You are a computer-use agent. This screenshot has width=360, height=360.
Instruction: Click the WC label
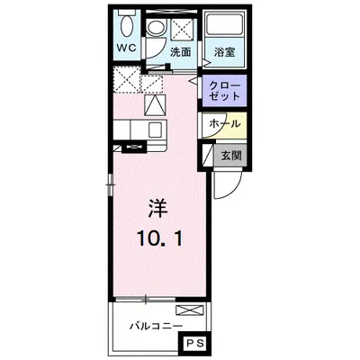127,49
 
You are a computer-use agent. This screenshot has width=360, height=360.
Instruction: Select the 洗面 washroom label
181,52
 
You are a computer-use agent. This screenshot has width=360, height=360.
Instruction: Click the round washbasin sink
157,28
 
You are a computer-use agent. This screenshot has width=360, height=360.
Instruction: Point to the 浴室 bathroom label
224,52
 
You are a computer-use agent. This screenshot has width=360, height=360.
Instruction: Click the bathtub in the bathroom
224,24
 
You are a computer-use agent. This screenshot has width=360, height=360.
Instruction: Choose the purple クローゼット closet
224,91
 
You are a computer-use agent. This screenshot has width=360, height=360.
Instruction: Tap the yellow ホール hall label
225,123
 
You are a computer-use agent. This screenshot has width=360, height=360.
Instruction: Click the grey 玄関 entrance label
231,156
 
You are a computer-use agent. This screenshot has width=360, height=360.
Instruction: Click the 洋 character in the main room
157,209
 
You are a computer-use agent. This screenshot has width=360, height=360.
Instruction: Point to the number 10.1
159,239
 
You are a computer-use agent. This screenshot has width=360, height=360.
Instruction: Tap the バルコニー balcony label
156,326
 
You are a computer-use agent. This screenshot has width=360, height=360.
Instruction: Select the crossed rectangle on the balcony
190,310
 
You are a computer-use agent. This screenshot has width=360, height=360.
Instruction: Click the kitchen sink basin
157,129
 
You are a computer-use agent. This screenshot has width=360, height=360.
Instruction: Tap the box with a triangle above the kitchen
155,105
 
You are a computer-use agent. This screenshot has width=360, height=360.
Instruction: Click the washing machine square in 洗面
182,29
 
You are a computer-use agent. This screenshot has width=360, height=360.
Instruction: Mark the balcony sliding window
145,299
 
